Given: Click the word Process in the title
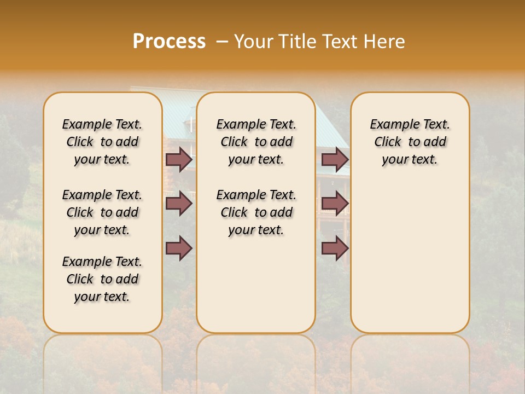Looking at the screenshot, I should coord(169,42).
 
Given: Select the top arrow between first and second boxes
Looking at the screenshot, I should coord(179,160).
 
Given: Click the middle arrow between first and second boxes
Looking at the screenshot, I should coord(179,204).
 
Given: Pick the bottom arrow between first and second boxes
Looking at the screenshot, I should coord(179,248).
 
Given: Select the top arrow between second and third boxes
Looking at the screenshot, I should coord(335,160).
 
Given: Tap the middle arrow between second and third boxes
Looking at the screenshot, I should coord(335,204).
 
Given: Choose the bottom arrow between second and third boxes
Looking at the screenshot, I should coord(335,248).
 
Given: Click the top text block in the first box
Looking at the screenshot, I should coord(102,142).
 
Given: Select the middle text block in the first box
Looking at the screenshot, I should coord(102,212).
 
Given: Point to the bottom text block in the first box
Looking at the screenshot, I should coord(102,279).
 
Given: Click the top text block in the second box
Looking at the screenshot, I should coord(256,142).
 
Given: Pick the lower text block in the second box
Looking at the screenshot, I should coord(256,212).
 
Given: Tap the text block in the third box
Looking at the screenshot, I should coord(410,142).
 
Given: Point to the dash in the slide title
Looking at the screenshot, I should coord(222,42).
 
